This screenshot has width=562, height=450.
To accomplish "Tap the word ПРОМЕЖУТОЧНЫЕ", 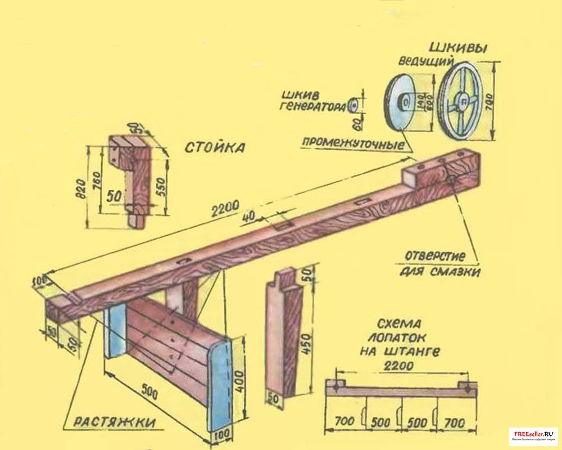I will click(353, 143).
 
